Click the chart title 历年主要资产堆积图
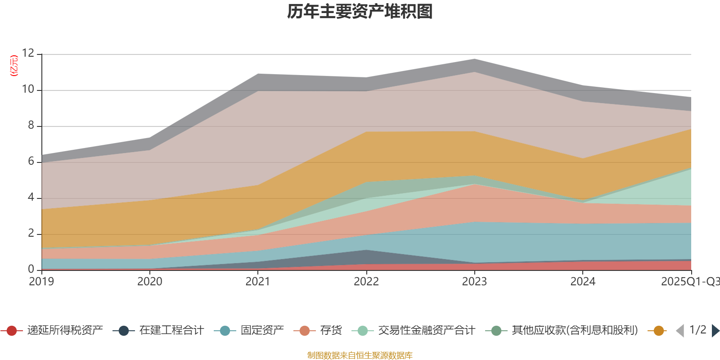click(360, 12)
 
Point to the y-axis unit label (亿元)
click(14, 66)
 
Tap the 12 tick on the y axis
click(28, 54)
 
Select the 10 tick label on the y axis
click(28, 90)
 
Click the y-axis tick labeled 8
click(31, 126)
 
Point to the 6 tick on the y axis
click(31, 162)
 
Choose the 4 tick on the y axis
click(31, 198)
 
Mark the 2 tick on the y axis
click(31, 234)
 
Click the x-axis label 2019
click(41, 282)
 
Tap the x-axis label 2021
click(258, 282)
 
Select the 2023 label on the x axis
click(474, 282)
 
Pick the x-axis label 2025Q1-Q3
click(689, 282)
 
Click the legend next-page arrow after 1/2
click(715, 331)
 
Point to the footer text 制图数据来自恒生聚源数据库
click(360, 355)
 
